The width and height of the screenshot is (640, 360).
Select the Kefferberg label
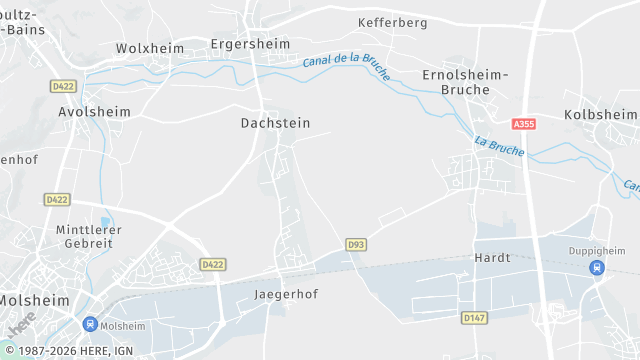pos(392,22)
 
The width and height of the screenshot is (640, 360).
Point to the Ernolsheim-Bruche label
pos(465,82)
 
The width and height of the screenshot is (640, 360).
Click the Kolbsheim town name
pos(600,115)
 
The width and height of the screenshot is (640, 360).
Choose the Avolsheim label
pos(94,112)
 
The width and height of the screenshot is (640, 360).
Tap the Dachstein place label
pos(275,123)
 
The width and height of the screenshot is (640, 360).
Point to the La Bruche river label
pos(499,147)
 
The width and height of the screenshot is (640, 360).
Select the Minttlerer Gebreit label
pos(89,235)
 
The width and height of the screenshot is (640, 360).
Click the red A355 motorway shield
pos(523,124)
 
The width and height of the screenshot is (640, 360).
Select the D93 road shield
pos(356,244)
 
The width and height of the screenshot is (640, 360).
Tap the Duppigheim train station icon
pos(597,267)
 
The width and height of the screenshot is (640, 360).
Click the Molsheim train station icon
pos(90,324)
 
